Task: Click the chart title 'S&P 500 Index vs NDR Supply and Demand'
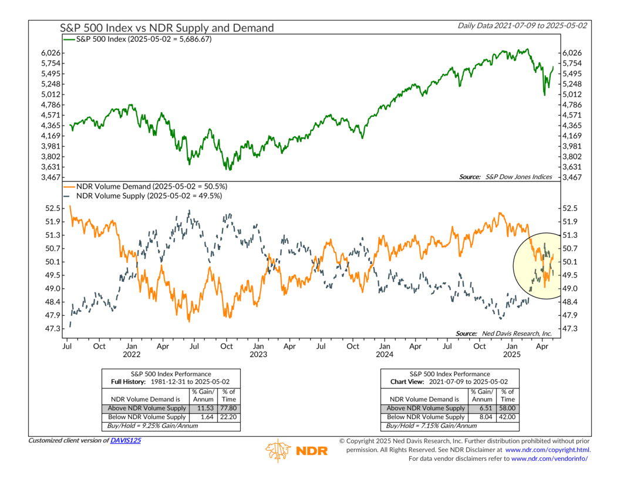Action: [167, 28]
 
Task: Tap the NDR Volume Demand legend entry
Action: [143, 185]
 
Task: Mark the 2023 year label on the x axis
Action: [258, 355]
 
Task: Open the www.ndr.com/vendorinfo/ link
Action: [550, 458]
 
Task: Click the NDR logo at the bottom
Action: [297, 450]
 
